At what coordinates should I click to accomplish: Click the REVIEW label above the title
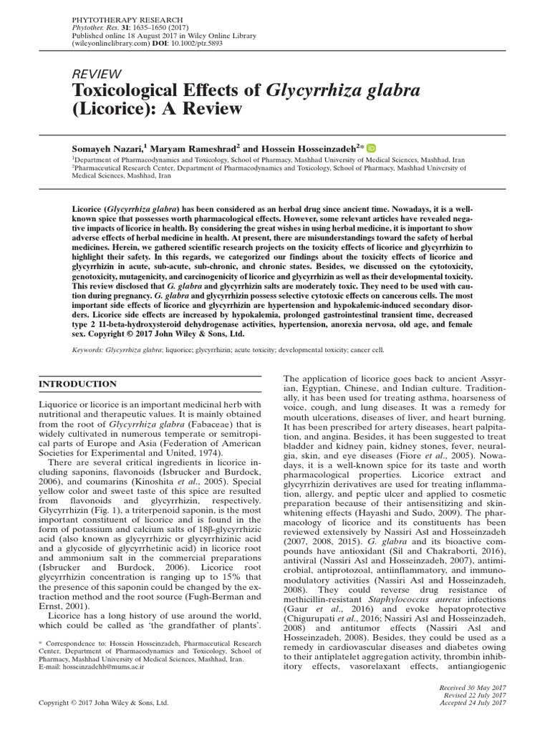click(x=97, y=74)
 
